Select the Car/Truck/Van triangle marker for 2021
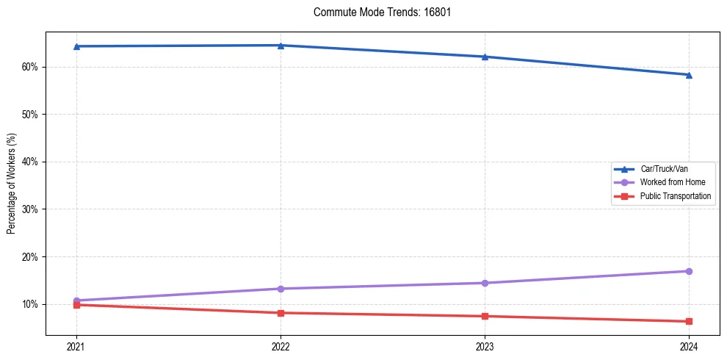click(76, 46)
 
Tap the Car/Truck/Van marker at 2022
click(281, 46)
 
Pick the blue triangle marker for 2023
click(485, 57)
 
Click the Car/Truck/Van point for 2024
click(689, 75)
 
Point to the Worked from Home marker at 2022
click(281, 289)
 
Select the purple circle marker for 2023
click(485, 283)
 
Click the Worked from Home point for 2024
click(689, 271)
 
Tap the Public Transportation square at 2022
click(281, 313)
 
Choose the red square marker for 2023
click(485, 317)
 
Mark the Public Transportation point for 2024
click(689, 321)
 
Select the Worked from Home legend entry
click(668, 182)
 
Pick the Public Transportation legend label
click(675, 196)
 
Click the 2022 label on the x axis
click(281, 346)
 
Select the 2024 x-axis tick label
click(689, 346)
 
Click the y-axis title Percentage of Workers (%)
click(12, 184)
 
